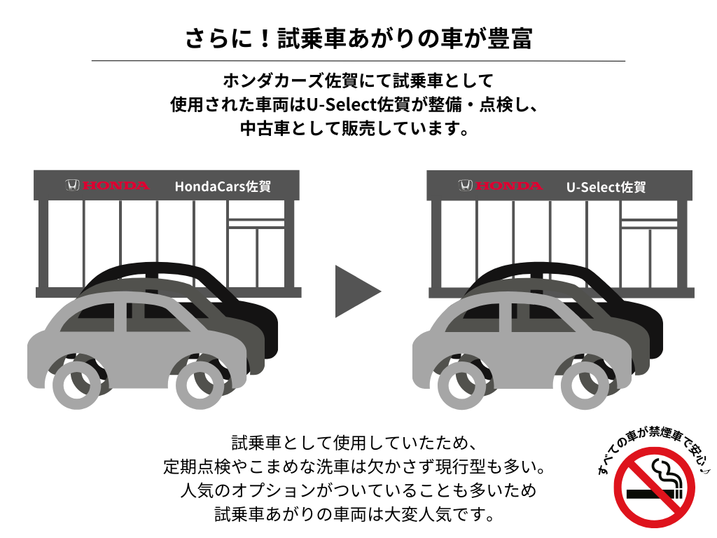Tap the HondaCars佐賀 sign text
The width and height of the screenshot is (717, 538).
[223, 186]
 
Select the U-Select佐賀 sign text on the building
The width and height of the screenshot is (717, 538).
[606, 186]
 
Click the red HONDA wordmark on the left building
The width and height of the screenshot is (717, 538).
[116, 185]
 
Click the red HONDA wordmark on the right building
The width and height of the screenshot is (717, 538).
[509, 185]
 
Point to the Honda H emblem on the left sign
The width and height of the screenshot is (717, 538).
[73, 185]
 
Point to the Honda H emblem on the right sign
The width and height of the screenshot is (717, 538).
[466, 185]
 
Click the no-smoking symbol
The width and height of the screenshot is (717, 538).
[655, 488]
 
